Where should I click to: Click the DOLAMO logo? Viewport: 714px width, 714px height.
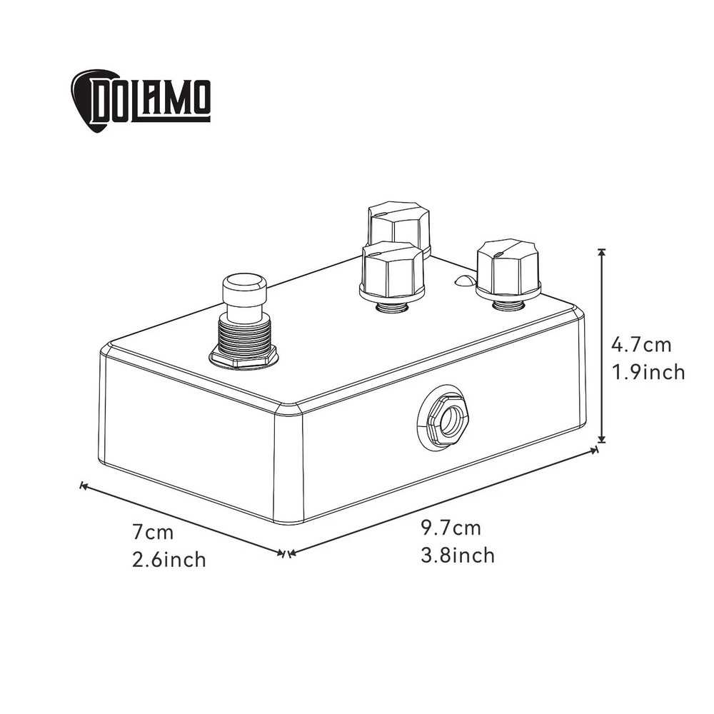pos(141,101)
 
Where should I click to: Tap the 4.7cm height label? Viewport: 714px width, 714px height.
pos(641,345)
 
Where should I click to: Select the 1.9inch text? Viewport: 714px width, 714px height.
pos(648,372)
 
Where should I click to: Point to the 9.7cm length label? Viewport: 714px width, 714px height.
pos(451,528)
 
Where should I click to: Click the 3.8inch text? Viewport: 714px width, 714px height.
pos(458,555)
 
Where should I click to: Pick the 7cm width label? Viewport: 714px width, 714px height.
pos(153,532)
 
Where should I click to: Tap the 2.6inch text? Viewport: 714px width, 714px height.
pos(169,559)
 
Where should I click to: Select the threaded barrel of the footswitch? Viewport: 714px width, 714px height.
pos(244,335)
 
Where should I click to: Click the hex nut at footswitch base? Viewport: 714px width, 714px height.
pos(243,356)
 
